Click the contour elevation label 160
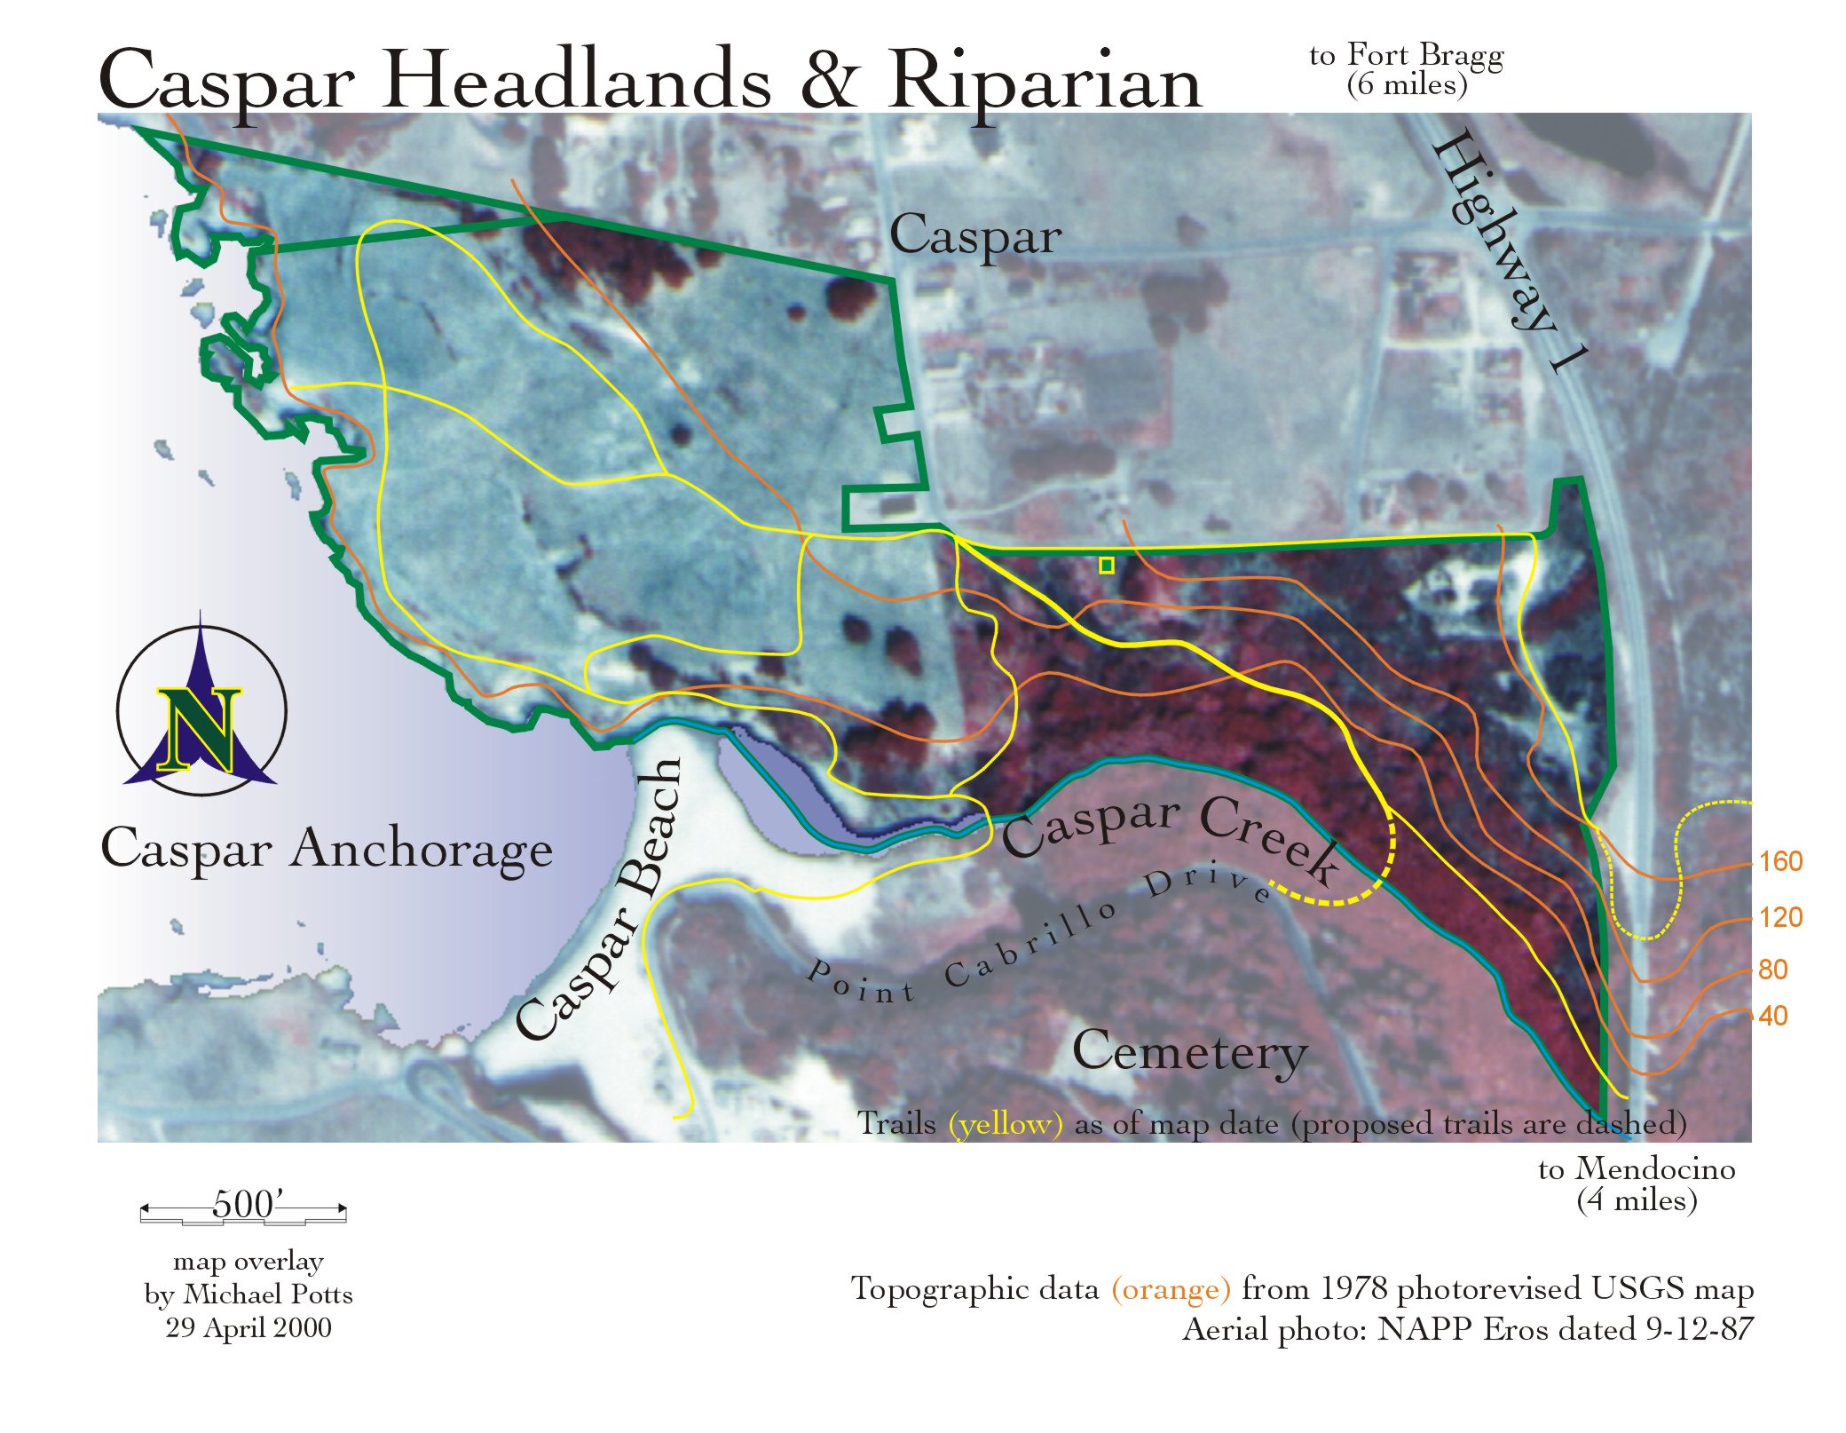pyautogui.click(x=1780, y=861)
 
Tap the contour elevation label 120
pyautogui.click(x=1780, y=917)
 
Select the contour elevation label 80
pyautogui.click(x=1772, y=970)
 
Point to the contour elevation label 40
pyautogui.click(x=1772, y=1016)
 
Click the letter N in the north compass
pyautogui.click(x=200, y=728)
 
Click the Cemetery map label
pyautogui.click(x=1189, y=1052)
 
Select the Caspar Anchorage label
pyautogui.click(x=327, y=849)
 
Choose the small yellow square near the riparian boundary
pyautogui.click(x=1106, y=566)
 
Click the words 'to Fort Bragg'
pyautogui.click(x=1407, y=55)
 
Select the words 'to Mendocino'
pyautogui.click(x=1637, y=1168)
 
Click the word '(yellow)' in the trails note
pyautogui.click(x=1005, y=1124)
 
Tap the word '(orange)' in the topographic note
pyautogui.click(x=1171, y=1288)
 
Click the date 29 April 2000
pyautogui.click(x=248, y=1327)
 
